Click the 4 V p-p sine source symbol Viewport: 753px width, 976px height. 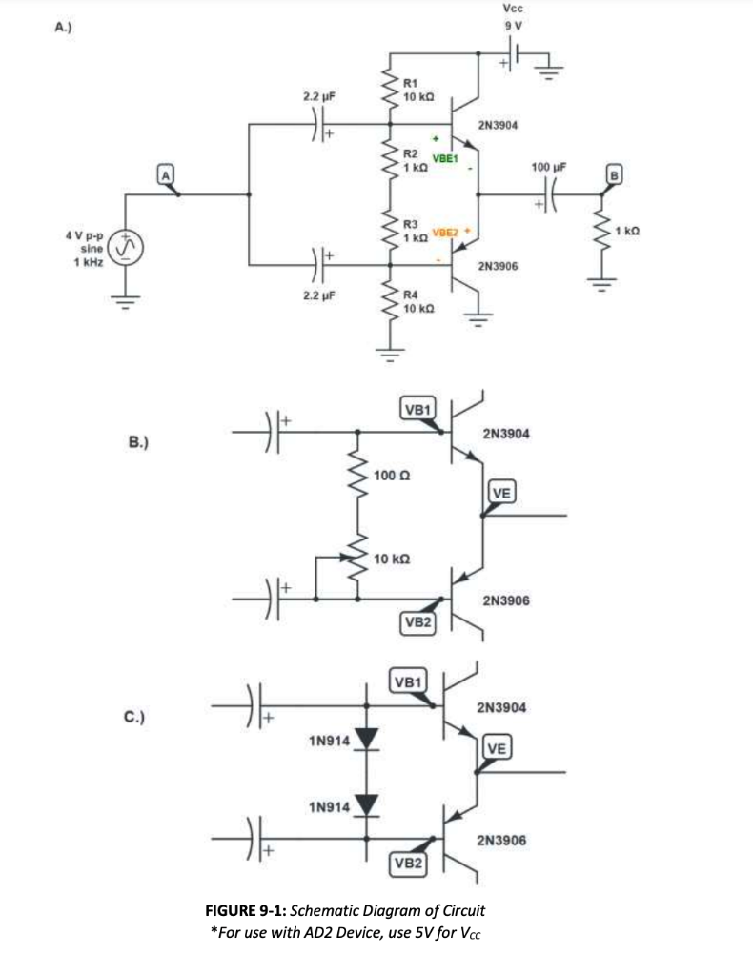click(124, 247)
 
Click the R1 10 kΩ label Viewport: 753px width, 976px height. click(419, 91)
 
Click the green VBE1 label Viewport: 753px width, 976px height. click(445, 158)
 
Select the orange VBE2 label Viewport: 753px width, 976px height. click(446, 233)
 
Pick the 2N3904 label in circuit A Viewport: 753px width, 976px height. click(498, 124)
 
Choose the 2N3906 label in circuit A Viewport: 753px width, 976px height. click(498, 268)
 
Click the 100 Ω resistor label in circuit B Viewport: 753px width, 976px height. click(392, 475)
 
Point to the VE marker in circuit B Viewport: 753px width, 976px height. click(502, 492)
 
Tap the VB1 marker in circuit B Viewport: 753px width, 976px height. click(419, 410)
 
